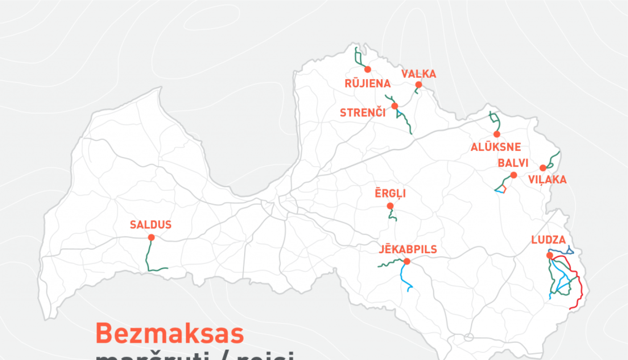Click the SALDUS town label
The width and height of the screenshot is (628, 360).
coord(151,225)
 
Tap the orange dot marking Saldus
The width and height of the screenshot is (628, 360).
coord(151,237)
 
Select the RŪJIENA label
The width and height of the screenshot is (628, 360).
coord(368,84)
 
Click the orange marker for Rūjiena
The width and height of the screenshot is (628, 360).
coord(368,69)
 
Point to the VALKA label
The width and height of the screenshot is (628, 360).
coord(419,74)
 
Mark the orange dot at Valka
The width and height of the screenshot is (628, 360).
coord(419,85)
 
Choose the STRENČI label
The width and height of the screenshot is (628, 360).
coord(363,113)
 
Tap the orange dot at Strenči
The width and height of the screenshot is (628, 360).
coord(394,106)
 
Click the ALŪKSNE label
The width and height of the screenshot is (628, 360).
coord(496,147)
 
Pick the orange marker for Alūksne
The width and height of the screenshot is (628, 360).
coord(497,134)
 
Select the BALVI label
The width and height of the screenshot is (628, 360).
coord(513,163)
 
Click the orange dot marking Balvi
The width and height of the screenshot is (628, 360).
coord(514,175)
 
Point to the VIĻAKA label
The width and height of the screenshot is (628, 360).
coord(547,180)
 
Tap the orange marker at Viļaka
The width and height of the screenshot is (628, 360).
coord(543,168)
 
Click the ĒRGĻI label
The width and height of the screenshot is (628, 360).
coord(390,193)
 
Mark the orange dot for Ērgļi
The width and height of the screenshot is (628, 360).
coord(390,206)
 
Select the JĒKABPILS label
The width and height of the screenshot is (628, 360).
coord(408,249)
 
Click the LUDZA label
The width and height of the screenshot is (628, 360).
coord(548,240)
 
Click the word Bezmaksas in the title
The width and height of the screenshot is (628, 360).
coord(170,334)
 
